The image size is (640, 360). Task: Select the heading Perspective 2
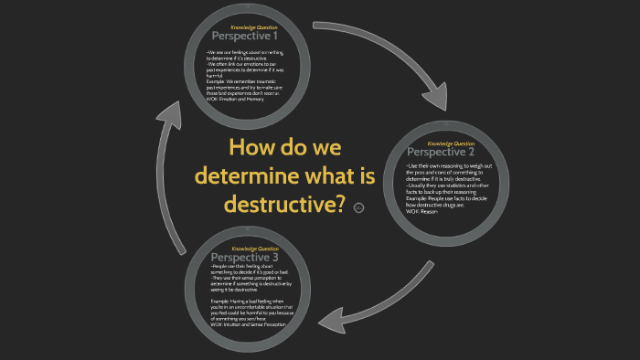[x=441, y=152]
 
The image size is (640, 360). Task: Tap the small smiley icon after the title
[x=358, y=208]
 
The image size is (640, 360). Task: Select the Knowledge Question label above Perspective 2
[x=451, y=143]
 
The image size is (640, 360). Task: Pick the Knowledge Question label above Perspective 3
[x=255, y=249]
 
